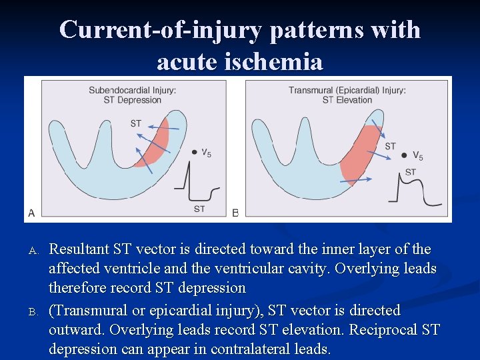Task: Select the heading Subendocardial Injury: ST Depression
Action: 133,95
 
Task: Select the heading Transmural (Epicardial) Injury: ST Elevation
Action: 347,95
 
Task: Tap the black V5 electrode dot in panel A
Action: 194,152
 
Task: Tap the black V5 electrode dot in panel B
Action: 404,155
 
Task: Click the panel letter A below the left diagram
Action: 31,213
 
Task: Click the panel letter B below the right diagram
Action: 235,213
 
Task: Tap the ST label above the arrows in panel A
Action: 136,123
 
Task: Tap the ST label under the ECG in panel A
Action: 199,209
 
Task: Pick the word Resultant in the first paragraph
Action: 78,249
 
